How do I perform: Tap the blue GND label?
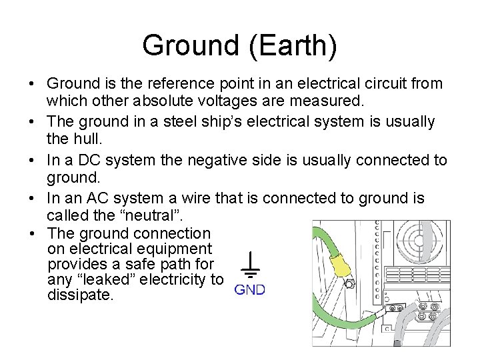pyautogui.click(x=249, y=290)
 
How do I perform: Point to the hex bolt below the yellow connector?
pyautogui.click(x=347, y=284)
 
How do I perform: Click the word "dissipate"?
pyautogui.click(x=80, y=294)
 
